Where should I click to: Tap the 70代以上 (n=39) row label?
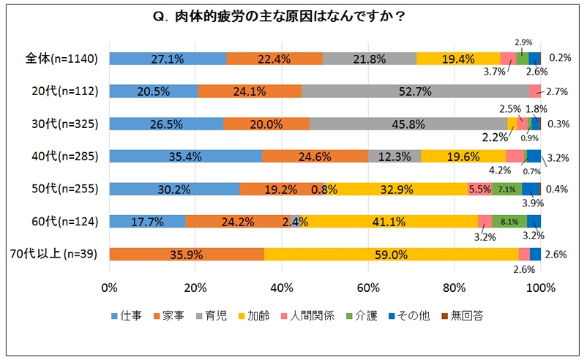coord(56,255)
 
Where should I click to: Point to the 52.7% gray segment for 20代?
coord(415,91)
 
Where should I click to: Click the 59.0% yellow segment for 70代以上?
coord(391,255)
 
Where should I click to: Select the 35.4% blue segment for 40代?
coord(185,156)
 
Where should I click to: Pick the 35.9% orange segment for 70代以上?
coord(186,255)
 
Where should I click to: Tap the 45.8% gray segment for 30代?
coord(408,124)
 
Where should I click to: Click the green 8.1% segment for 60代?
coord(509,222)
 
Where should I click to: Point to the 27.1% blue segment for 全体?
coord(168,59)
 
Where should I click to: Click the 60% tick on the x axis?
coord(368,287)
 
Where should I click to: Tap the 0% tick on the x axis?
coord(110,287)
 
